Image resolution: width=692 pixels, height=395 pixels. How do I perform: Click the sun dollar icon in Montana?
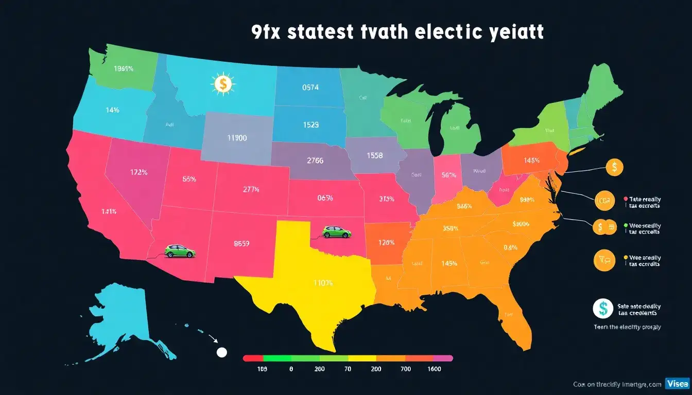point(222,84)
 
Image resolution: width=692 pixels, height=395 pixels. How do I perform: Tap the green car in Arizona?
point(180,251)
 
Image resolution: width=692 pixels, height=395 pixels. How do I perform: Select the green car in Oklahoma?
point(337,232)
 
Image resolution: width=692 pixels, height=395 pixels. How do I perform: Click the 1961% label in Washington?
point(124,69)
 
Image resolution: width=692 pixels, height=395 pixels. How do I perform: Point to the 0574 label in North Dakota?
point(310,87)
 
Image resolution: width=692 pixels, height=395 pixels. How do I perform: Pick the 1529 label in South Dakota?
point(310,125)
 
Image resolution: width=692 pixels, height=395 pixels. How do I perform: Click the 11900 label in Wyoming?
point(237,138)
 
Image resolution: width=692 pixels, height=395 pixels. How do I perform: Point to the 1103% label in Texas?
point(323,282)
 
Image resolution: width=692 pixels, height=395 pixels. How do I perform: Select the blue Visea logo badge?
point(677,384)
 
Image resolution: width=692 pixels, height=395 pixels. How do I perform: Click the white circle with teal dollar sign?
point(602,309)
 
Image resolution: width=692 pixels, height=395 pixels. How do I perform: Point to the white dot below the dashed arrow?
point(222,352)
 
